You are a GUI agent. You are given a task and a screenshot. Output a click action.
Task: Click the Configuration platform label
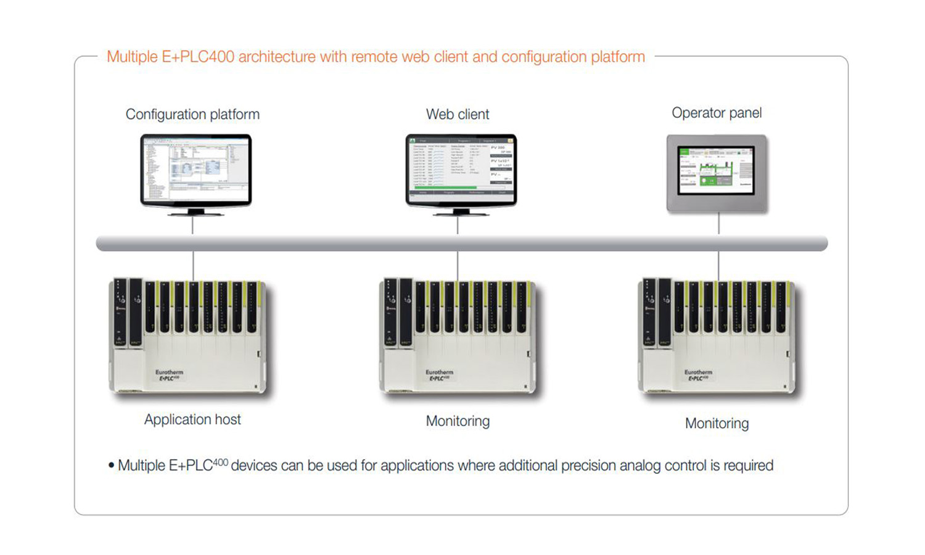(192, 114)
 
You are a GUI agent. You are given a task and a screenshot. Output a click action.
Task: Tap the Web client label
(458, 114)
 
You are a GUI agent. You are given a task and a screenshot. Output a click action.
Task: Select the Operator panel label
(717, 113)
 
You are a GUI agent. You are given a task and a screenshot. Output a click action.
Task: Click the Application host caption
(192, 419)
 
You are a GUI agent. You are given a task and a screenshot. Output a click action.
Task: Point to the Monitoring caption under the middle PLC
(458, 421)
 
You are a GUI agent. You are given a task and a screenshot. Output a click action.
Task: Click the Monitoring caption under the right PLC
(717, 424)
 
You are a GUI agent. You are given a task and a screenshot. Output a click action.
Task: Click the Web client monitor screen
(461, 168)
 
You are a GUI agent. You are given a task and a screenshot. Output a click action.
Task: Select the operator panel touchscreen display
(716, 170)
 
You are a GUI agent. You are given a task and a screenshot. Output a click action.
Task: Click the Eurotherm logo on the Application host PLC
(169, 372)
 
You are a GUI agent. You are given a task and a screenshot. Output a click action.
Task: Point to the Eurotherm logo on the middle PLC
(439, 372)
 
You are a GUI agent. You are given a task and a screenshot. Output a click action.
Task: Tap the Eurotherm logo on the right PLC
(698, 372)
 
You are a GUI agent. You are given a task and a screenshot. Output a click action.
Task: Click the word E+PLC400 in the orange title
(198, 57)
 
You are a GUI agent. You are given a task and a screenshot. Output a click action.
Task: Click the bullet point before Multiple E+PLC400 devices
(111, 466)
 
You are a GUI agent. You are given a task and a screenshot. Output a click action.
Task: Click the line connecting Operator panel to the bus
(718, 224)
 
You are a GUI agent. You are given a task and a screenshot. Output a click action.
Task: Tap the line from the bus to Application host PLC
(193, 265)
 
